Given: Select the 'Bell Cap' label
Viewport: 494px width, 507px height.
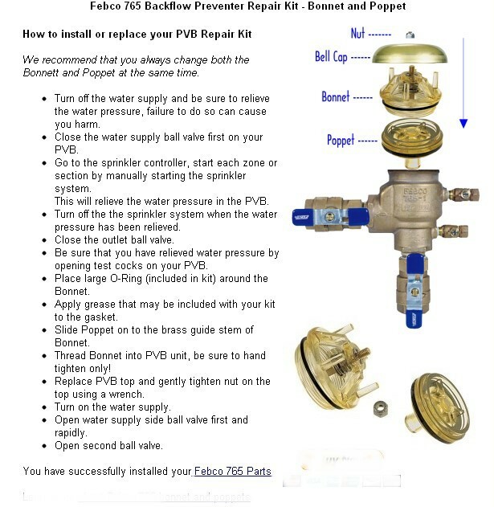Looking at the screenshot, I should point(331,57).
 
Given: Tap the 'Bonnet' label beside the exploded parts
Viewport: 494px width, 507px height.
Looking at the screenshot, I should point(336,96).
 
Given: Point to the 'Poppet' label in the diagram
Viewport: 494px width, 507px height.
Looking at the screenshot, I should point(341,140).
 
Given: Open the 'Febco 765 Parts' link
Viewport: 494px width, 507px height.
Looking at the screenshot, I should point(233,471).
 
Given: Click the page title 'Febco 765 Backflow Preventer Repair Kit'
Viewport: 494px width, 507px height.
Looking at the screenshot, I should point(246,6).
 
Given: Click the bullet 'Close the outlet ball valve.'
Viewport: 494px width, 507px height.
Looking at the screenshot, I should point(114,239).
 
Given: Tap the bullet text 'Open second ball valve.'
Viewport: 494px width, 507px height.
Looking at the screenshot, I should point(108,445).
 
